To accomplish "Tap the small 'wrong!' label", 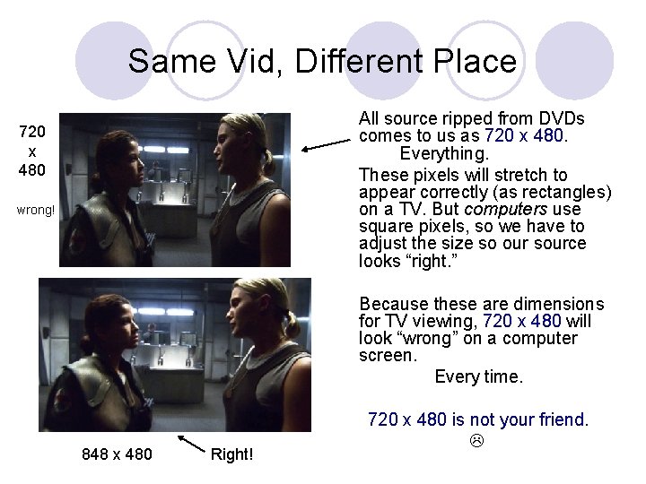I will pyautogui.click(x=37, y=211).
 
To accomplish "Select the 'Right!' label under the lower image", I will pyautogui.click(x=231, y=454).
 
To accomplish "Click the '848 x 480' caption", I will pyautogui.click(x=117, y=454).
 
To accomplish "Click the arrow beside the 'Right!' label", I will pyautogui.click(x=192, y=445).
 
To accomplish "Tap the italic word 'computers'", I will pyautogui.click(x=509, y=209).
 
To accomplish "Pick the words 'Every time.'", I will pyautogui.click(x=478, y=376).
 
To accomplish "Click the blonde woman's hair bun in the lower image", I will pyautogui.click(x=292, y=321).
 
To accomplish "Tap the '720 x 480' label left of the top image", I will pyautogui.click(x=32, y=151).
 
